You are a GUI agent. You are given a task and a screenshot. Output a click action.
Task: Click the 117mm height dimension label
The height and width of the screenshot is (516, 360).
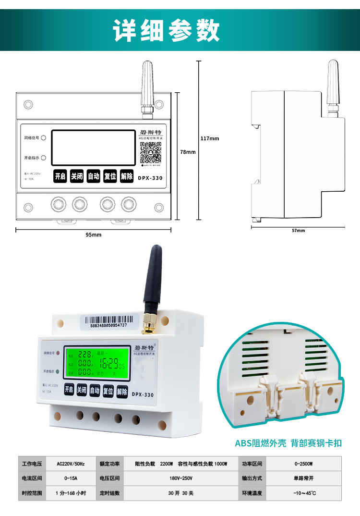click(x=209, y=138)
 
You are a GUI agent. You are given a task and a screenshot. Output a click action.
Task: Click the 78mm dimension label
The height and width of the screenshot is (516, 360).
click(x=188, y=152)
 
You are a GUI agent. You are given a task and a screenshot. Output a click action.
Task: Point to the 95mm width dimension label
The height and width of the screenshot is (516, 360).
click(x=94, y=235)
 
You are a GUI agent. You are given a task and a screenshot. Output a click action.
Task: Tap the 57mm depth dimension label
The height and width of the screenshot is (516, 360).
click(x=298, y=231)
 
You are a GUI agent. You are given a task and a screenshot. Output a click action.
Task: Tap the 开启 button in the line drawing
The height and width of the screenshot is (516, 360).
click(x=60, y=176)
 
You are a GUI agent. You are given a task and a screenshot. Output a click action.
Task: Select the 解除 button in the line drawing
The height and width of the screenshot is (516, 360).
click(x=127, y=176)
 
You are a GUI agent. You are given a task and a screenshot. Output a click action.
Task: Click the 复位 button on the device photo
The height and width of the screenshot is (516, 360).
click(x=108, y=392)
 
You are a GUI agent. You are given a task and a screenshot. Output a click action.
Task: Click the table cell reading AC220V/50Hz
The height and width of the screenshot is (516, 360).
click(x=71, y=464)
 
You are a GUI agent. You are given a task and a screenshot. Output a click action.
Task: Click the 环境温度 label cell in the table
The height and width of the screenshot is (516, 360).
click(x=252, y=493)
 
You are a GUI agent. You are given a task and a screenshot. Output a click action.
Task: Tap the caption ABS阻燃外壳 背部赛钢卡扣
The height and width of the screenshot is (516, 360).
click(x=288, y=443)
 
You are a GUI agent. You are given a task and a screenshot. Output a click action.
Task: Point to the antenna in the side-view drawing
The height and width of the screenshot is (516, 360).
click(x=333, y=86)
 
